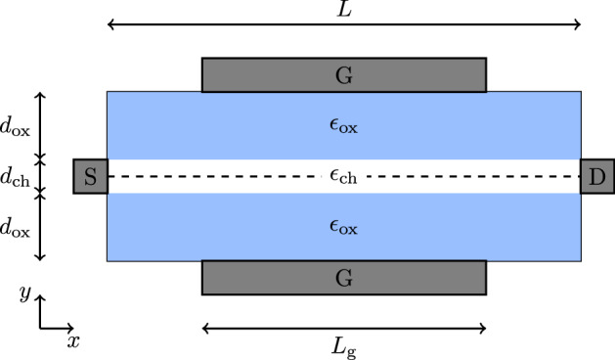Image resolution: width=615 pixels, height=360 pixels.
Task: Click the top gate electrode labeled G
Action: click(x=343, y=74)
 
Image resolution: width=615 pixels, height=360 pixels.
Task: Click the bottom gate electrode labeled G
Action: click(x=343, y=277)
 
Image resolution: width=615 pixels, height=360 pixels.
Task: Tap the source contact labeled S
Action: click(x=90, y=177)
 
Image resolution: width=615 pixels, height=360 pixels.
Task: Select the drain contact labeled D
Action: click(x=596, y=177)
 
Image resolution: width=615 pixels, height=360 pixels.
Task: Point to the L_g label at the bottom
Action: click(x=343, y=346)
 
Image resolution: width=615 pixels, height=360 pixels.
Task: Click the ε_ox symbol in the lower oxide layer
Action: click(x=343, y=227)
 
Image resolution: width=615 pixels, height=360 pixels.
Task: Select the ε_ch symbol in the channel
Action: click(x=342, y=177)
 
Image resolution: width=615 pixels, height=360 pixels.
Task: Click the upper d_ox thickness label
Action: click(x=14, y=126)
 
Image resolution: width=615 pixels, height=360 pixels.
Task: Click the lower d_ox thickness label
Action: click(x=14, y=227)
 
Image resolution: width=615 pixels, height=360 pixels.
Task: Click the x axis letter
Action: click(x=73, y=341)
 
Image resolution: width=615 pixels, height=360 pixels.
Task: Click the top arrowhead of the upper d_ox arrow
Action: click(x=40, y=94)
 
